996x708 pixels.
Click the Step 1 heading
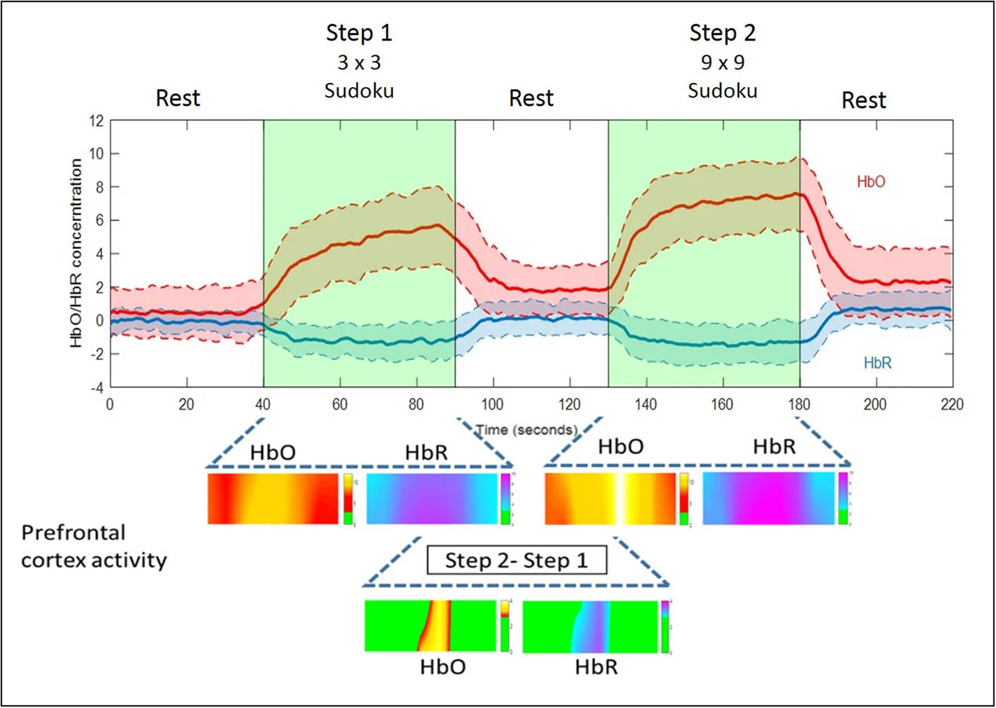359,33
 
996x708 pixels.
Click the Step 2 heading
722,33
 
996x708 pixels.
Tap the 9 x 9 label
722,62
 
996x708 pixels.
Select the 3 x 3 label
359,62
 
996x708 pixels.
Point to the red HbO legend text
871,181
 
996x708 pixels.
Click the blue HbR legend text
877,363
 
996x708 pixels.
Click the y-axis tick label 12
97,121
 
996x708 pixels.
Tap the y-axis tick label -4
97,387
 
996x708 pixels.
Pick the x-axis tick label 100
492,404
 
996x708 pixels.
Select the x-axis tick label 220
952,404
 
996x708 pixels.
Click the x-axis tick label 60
339,404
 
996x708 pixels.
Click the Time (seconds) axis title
526,430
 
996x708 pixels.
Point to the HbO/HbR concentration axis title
76,252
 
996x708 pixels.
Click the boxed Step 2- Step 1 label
516,560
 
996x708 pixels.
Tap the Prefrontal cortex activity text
94,546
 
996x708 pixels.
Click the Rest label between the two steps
531,98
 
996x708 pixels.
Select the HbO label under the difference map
442,667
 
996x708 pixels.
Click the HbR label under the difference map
596,667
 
